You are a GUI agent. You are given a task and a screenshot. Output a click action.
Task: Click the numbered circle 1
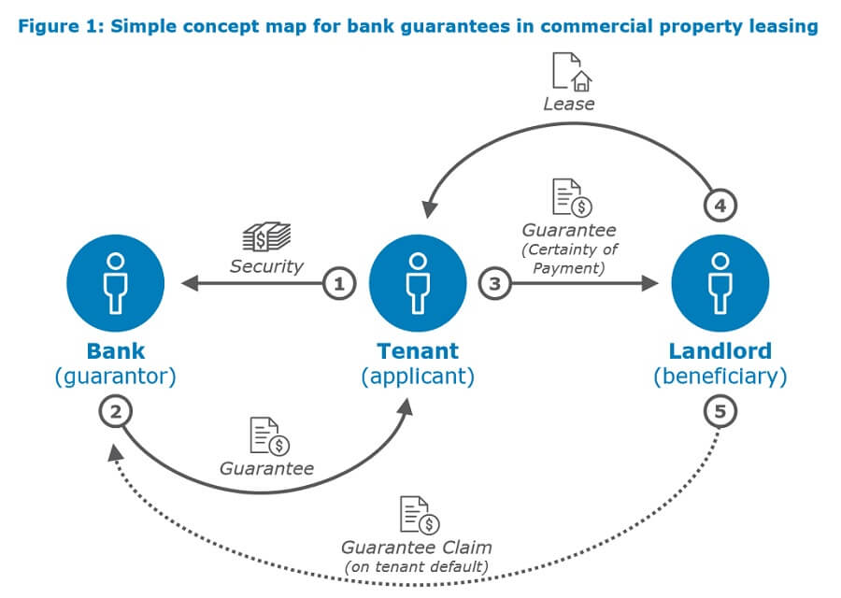(340, 284)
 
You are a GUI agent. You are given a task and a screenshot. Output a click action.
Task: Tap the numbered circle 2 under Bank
(116, 412)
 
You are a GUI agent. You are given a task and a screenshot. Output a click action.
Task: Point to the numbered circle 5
(719, 412)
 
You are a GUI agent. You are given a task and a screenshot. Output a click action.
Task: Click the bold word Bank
(116, 351)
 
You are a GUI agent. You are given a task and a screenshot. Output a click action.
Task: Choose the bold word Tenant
(418, 351)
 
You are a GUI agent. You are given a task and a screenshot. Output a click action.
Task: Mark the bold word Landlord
(720, 351)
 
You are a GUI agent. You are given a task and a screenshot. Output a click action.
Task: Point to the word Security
(267, 266)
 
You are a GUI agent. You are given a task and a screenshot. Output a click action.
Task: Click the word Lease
(569, 104)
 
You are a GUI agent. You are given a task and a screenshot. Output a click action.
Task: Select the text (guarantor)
(116, 377)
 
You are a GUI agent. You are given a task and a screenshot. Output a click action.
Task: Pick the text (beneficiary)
(720, 377)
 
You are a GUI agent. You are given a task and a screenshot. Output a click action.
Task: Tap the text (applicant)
(418, 377)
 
